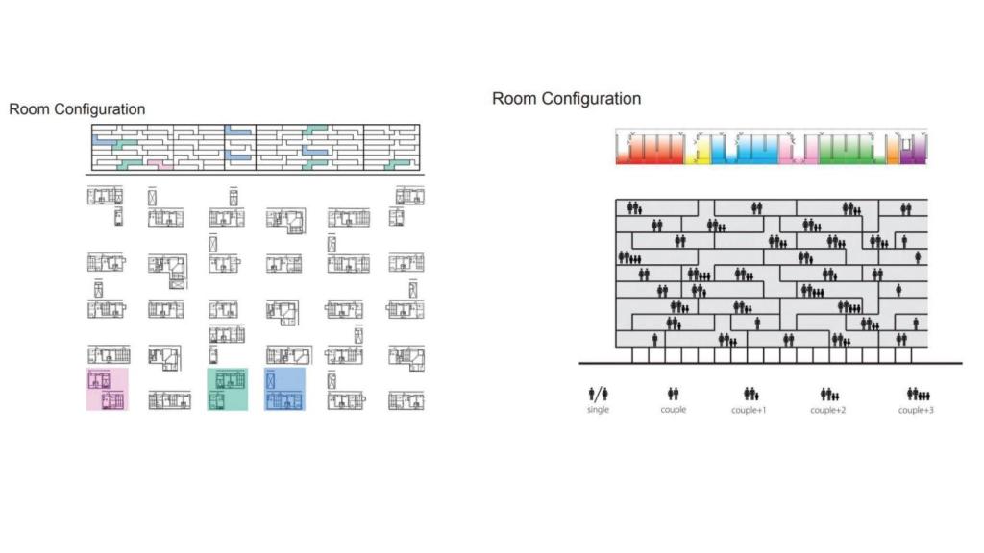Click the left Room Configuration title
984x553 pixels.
tap(77, 109)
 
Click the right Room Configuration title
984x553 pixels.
tap(566, 99)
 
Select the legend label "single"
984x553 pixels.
tap(598, 410)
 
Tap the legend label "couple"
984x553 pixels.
tap(673, 410)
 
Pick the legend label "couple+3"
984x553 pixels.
tap(917, 410)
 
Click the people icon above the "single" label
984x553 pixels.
tap(598, 394)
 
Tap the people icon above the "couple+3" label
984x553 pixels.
tap(917, 394)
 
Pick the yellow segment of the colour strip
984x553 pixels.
tap(701, 154)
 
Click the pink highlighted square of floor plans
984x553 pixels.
tap(107, 389)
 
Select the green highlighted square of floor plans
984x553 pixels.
tap(228, 389)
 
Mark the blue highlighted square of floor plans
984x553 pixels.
tap(284, 389)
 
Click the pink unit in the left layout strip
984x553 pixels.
tap(160, 165)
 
